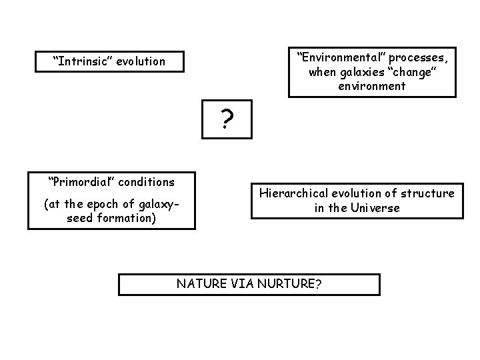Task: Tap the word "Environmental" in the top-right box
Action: click(335, 57)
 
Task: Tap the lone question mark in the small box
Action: click(227, 120)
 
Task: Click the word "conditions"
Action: click(147, 182)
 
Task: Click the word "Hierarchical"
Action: click(293, 193)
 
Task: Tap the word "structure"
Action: click(428, 193)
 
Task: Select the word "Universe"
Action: click(376, 208)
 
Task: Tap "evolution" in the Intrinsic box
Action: click(141, 61)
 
